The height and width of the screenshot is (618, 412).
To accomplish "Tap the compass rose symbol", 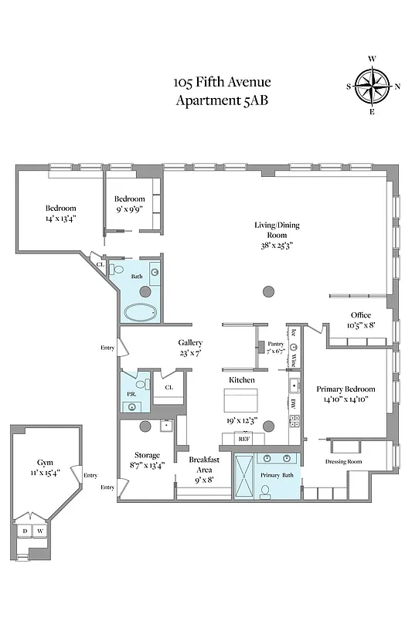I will point(372,86).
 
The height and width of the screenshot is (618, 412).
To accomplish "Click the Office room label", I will point(360,315).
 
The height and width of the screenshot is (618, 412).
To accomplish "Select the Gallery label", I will point(190,343).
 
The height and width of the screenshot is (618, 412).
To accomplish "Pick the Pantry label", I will point(276,345).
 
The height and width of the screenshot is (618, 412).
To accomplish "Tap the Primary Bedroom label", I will point(346,389).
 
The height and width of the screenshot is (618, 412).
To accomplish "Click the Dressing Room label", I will point(344,461).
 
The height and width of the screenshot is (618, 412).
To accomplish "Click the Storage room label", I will point(147,455).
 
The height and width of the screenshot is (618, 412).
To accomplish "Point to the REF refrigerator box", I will point(243,439).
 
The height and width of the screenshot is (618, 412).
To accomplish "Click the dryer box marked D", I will point(25,531).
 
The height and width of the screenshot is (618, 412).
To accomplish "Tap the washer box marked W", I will point(39,531).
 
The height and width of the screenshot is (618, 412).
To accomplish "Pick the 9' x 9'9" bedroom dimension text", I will point(130,208).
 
